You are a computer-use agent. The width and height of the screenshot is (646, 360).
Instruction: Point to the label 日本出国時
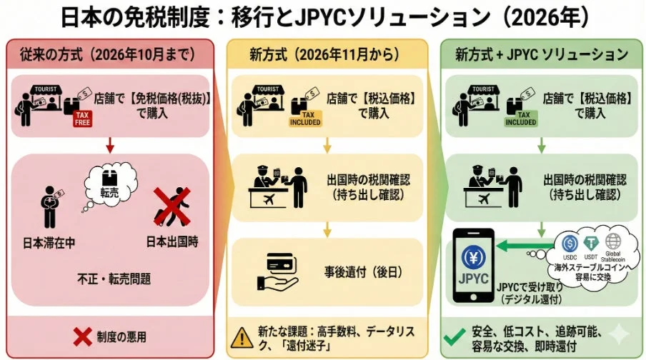click(x=172, y=241)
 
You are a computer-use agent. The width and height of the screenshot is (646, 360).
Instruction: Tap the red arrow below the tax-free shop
click(x=110, y=148)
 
